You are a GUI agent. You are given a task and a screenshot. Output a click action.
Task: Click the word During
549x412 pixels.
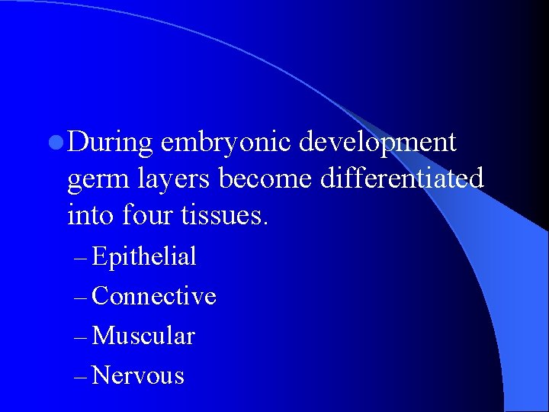(x=110, y=142)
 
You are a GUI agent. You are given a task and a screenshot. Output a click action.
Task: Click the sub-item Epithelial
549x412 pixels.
(x=143, y=257)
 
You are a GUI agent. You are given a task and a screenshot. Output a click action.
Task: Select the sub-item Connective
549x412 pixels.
(x=153, y=296)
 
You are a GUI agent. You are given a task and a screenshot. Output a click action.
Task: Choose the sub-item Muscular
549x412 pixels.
(x=143, y=336)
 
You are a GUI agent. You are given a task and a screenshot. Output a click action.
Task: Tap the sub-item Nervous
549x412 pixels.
(x=138, y=375)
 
